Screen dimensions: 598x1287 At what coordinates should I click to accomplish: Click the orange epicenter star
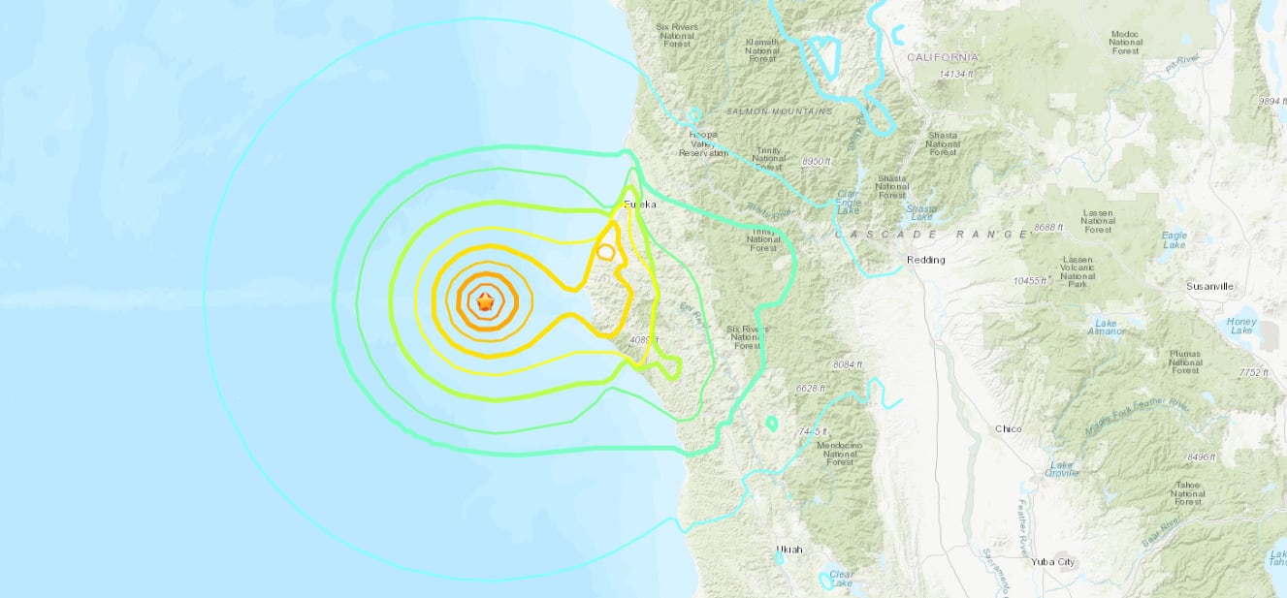click(485, 303)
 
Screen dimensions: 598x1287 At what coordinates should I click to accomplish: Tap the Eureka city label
click(640, 205)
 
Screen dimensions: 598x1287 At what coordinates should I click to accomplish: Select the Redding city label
click(924, 260)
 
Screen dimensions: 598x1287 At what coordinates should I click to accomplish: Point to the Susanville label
click(1208, 287)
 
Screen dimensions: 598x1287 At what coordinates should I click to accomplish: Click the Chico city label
click(1009, 428)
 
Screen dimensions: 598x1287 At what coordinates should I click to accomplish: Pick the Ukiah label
click(789, 550)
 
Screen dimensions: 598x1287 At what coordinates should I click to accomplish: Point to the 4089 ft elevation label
click(644, 340)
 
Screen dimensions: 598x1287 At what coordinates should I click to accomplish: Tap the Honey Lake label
click(1240, 328)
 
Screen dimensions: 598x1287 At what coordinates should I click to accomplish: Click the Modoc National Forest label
click(1125, 43)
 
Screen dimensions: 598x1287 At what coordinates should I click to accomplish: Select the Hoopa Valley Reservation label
click(703, 143)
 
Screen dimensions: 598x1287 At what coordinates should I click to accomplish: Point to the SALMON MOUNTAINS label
click(787, 111)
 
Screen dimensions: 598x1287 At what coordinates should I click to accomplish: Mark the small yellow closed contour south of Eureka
click(605, 253)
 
